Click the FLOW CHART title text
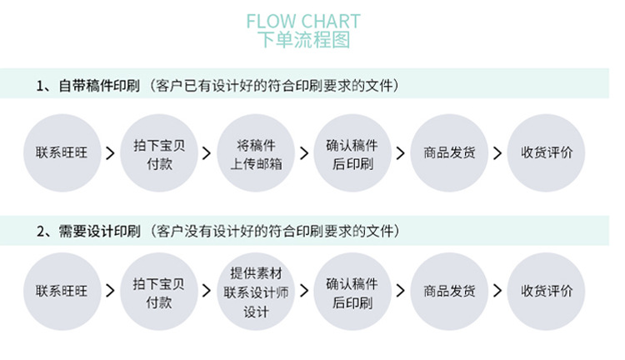point(303,21)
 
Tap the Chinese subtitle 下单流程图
point(303,39)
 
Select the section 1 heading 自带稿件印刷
point(99,86)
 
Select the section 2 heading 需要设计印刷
point(99,231)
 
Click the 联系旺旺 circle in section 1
point(62,152)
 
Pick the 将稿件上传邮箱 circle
point(256,152)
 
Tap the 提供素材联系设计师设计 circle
point(256,292)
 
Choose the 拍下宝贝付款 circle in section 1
point(158,152)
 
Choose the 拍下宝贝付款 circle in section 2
point(158,292)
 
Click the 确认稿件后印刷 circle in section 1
point(352,152)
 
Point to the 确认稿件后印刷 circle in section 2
point(352,292)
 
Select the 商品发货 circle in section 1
point(449,152)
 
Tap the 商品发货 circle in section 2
point(449,292)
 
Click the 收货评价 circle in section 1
point(546,152)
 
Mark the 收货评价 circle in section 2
point(546,292)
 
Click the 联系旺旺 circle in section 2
point(62,292)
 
